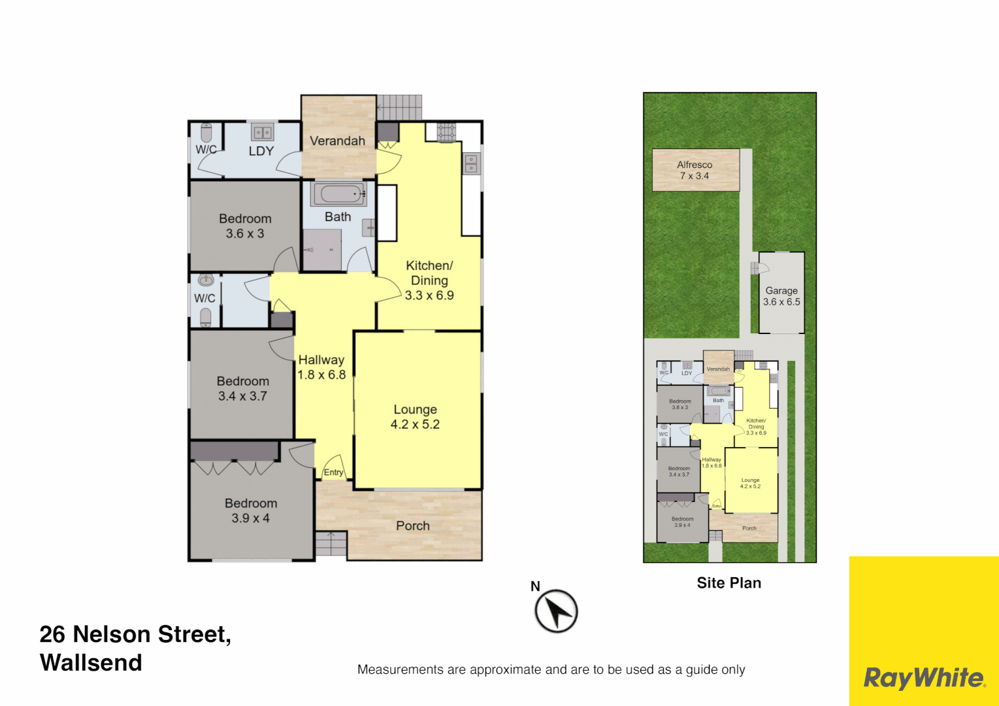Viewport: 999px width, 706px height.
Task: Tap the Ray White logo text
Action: click(x=924, y=678)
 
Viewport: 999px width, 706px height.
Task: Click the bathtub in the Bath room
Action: click(x=338, y=194)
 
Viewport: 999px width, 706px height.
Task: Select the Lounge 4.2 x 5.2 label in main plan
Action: click(x=415, y=417)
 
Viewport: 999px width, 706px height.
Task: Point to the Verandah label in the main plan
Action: click(x=337, y=141)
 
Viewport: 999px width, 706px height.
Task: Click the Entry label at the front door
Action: click(x=333, y=472)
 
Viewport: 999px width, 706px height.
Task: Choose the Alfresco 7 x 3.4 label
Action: click(x=695, y=170)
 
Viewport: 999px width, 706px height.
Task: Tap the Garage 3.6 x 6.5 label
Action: click(x=781, y=296)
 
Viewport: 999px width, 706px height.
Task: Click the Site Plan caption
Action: click(x=729, y=583)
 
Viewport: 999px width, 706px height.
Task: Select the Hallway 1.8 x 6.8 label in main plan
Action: click(x=321, y=367)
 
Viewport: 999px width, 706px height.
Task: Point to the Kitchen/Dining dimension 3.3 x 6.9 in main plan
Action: click(x=429, y=295)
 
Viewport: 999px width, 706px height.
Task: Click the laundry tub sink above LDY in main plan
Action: click(x=263, y=133)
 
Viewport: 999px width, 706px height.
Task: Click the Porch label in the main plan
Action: click(x=413, y=526)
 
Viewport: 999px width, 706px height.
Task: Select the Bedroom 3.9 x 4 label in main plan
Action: click(x=250, y=511)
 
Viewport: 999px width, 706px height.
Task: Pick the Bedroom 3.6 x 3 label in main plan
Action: click(x=245, y=226)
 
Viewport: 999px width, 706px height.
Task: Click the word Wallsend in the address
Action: click(x=91, y=663)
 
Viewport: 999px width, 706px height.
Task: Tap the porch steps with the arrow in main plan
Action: click(x=331, y=543)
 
